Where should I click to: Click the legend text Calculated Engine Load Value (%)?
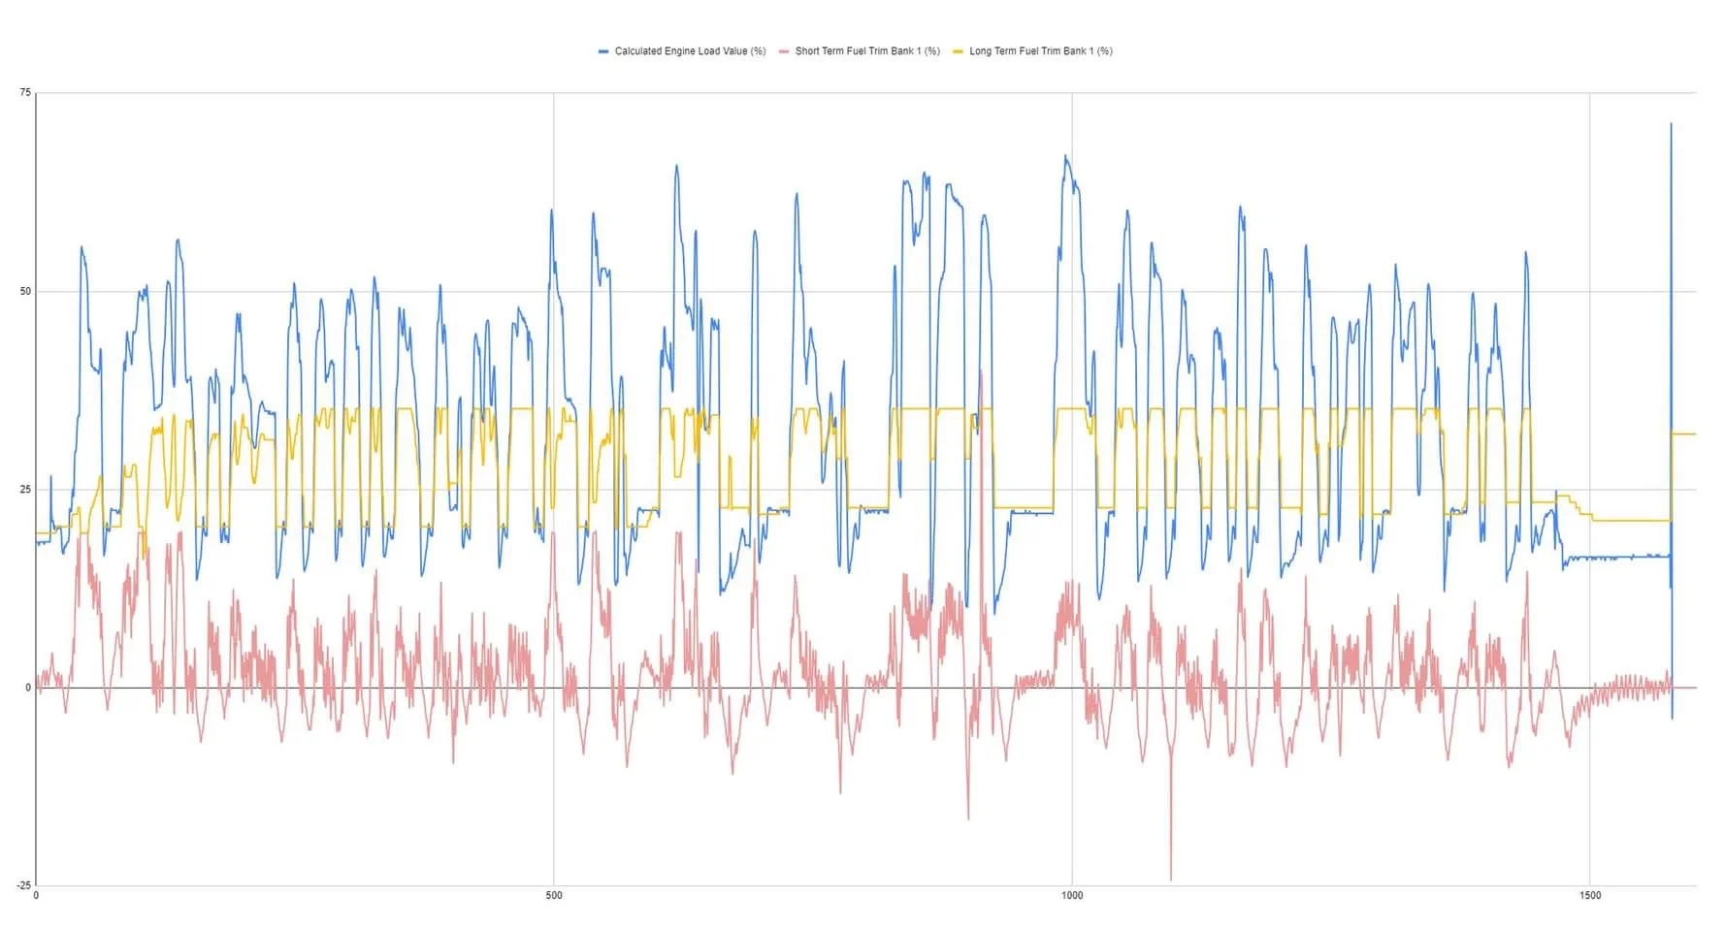pyautogui.click(x=690, y=51)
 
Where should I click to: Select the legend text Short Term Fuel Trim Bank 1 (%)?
pyautogui.click(x=867, y=51)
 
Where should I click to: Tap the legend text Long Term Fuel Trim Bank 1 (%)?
pyautogui.click(x=1041, y=51)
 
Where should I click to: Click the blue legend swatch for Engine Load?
pyautogui.click(x=603, y=51)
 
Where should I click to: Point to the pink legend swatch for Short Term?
pyautogui.click(x=784, y=51)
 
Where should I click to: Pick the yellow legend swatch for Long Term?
pyautogui.click(x=959, y=51)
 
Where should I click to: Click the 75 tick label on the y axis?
pyautogui.click(x=25, y=93)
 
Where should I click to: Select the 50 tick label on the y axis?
pyautogui.click(x=25, y=291)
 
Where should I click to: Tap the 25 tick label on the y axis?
pyautogui.click(x=25, y=490)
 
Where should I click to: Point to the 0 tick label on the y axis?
pyautogui.click(x=28, y=688)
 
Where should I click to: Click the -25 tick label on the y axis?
pyautogui.click(x=23, y=885)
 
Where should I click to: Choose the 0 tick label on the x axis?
pyautogui.click(x=36, y=896)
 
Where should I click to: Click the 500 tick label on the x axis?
pyautogui.click(x=554, y=896)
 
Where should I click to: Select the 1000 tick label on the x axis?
pyautogui.click(x=1072, y=896)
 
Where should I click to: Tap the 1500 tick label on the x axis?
pyautogui.click(x=1590, y=896)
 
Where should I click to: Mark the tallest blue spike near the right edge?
pyautogui.click(x=1671, y=124)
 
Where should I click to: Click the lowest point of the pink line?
pyautogui.click(x=1171, y=880)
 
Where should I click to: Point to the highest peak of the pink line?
pyautogui.click(x=981, y=370)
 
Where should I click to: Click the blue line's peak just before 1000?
pyautogui.click(x=1065, y=156)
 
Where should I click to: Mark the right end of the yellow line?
pyautogui.click(x=1695, y=433)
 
